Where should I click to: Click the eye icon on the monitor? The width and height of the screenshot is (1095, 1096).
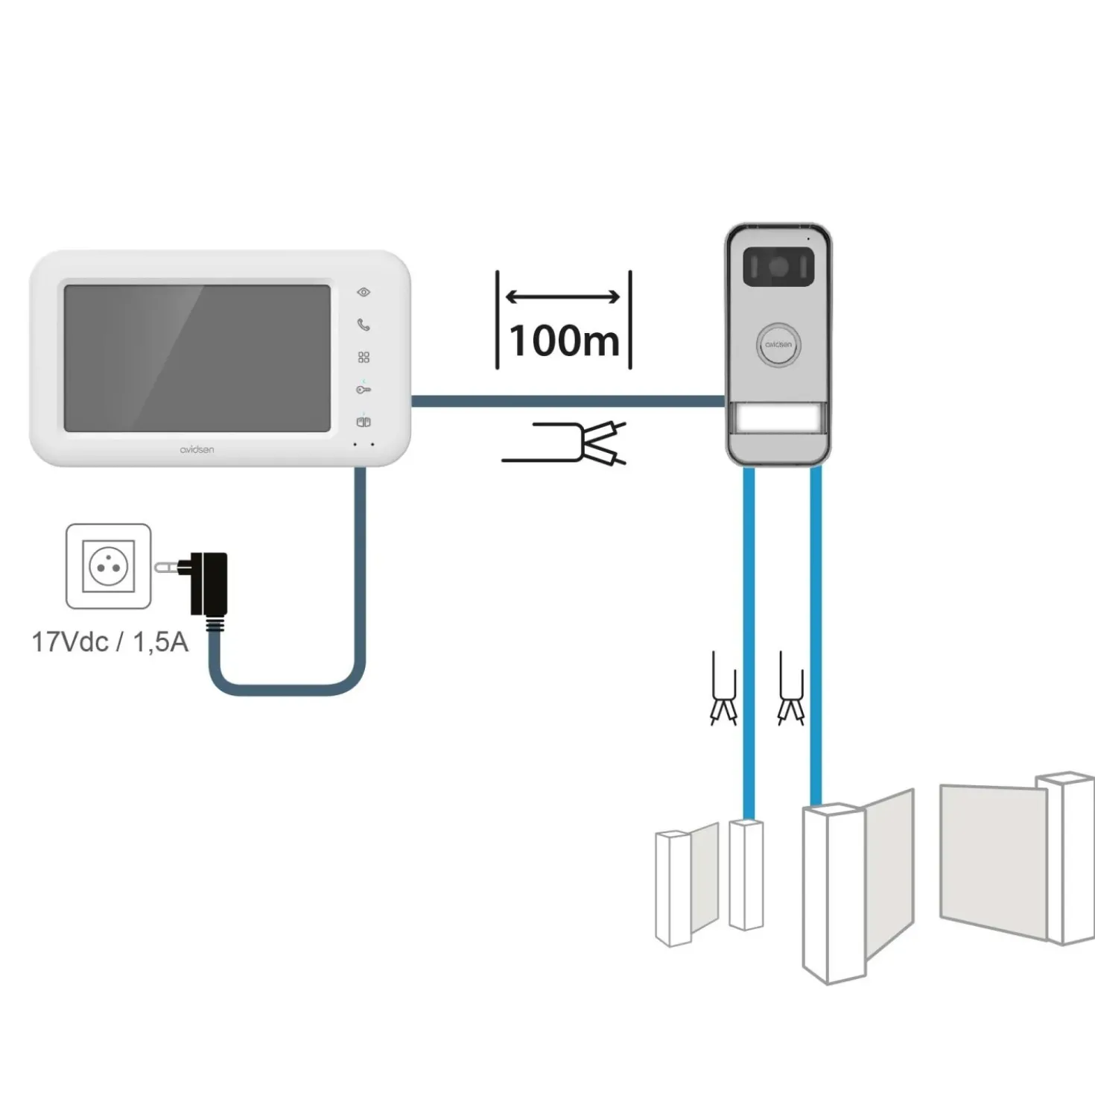click(x=364, y=292)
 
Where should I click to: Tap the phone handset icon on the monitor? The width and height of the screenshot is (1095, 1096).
click(x=364, y=325)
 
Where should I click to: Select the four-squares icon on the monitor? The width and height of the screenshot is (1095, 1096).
click(x=364, y=357)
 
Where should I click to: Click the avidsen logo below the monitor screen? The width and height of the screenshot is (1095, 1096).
click(x=197, y=449)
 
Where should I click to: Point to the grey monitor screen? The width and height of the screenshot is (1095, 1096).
click(x=197, y=358)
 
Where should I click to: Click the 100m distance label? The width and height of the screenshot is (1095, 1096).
click(x=564, y=340)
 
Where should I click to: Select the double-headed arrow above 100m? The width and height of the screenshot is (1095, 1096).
click(x=562, y=297)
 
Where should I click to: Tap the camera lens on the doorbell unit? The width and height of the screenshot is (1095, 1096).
click(x=778, y=267)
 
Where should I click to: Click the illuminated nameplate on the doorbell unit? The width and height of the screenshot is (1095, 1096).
click(x=778, y=420)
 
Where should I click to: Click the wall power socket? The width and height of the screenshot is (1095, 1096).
click(x=109, y=566)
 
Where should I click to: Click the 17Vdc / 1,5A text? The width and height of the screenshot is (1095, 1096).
click(x=110, y=642)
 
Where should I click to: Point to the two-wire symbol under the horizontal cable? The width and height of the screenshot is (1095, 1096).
click(x=564, y=444)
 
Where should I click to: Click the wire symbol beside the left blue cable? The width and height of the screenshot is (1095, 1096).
click(x=724, y=688)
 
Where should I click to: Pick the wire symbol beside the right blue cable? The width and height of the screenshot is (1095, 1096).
click(x=791, y=688)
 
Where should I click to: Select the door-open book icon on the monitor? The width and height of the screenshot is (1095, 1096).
click(x=364, y=422)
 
